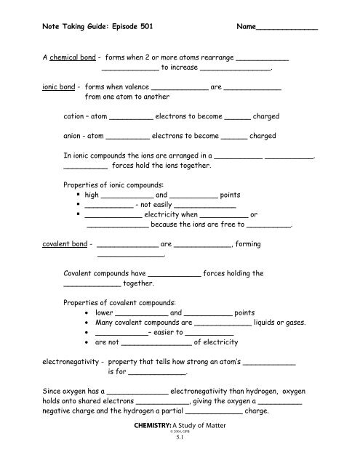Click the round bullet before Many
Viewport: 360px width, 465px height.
(87, 323)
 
